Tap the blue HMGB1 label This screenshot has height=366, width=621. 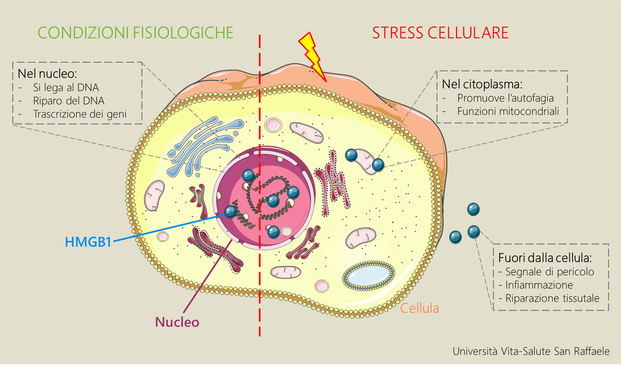click(x=88, y=242)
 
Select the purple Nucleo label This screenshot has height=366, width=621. click(x=177, y=322)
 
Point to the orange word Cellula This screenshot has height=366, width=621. click(x=419, y=308)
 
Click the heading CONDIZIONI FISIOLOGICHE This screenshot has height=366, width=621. click(x=136, y=33)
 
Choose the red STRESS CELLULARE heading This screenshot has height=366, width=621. click(x=440, y=33)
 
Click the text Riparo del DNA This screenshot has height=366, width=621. click(x=69, y=101)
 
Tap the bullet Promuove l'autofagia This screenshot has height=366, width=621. click(x=505, y=98)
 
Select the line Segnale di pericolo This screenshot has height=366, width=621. click(x=550, y=272)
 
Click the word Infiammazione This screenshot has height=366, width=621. click(x=539, y=285)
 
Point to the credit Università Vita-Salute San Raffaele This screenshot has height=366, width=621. click(x=531, y=351)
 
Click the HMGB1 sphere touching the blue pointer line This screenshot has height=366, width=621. click(x=231, y=212)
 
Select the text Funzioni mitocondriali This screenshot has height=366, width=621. click(x=508, y=111)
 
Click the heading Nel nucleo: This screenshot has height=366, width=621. click(x=47, y=74)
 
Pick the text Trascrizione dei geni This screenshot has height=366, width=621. click(x=80, y=114)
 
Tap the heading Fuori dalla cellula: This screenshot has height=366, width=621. click(x=545, y=258)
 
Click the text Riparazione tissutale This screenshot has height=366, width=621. click(x=552, y=298)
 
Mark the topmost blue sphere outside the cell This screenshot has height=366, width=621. click(x=474, y=209)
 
